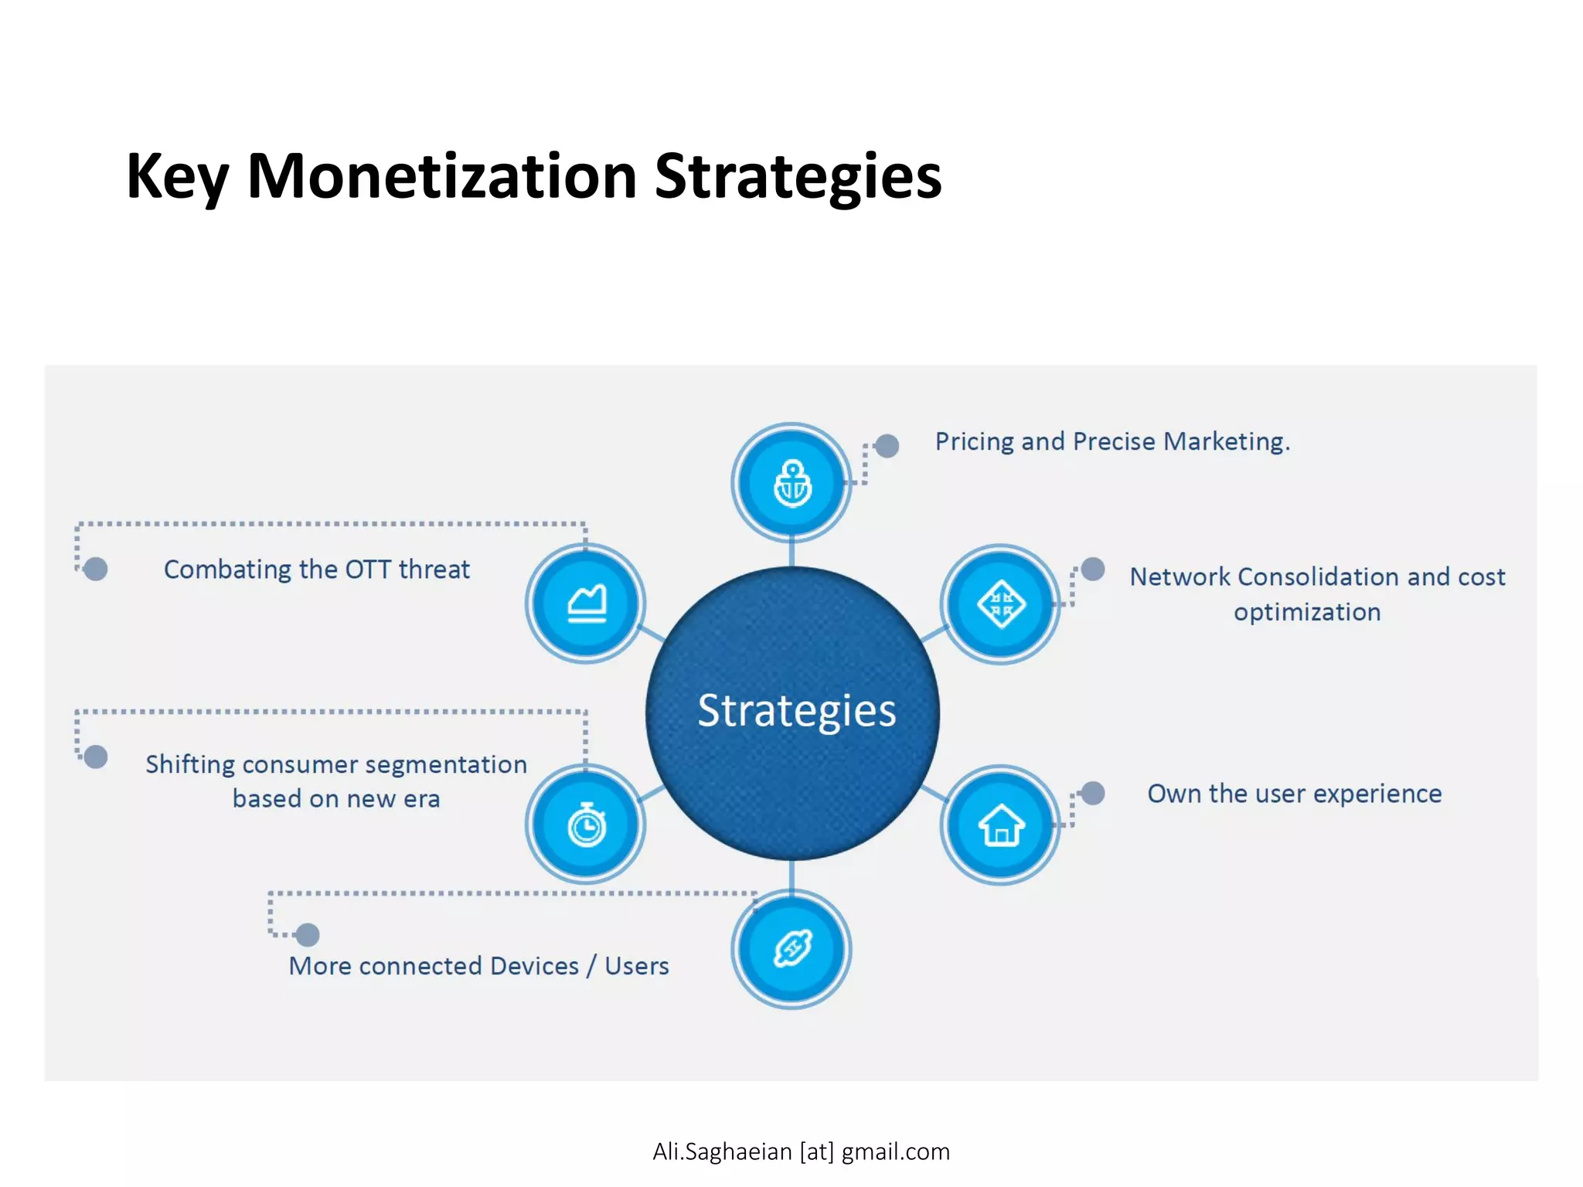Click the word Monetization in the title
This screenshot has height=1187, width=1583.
click(441, 177)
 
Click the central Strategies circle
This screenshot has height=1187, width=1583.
click(792, 713)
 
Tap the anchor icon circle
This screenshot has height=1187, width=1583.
click(791, 483)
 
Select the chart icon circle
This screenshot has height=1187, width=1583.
click(586, 604)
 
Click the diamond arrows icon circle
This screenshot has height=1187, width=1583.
click(1000, 604)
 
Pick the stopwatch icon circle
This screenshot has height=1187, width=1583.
click(586, 825)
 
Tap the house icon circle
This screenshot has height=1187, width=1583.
click(1000, 825)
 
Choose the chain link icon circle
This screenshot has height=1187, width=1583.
click(791, 948)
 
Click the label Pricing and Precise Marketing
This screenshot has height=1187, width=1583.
click(1112, 441)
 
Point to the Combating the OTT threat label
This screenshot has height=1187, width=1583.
click(316, 570)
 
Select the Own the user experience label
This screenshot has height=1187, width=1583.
click(1294, 794)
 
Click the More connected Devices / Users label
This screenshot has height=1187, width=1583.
click(478, 966)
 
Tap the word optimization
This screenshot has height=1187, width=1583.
click(1306, 612)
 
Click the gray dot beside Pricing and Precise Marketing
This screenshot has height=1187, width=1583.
click(887, 445)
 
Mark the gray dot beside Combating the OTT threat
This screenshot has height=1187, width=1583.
click(96, 570)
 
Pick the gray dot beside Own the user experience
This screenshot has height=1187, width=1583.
click(1093, 793)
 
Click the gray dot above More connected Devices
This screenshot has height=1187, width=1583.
click(308, 935)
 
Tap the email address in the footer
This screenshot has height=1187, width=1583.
click(801, 1151)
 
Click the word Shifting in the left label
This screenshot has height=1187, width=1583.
click(190, 764)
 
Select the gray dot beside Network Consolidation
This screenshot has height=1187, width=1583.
click(1093, 570)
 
